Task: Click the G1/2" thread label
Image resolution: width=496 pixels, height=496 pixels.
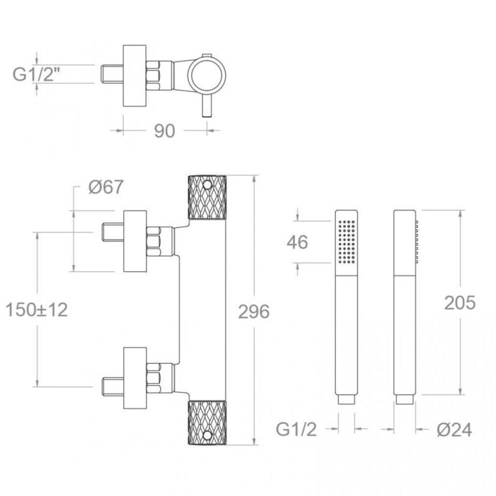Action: point(36,74)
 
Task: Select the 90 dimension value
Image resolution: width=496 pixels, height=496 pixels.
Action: point(165,131)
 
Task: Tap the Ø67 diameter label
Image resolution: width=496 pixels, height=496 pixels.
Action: point(106,187)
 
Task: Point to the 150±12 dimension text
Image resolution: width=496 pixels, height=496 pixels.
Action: point(37,310)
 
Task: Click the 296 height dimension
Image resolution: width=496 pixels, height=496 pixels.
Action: point(254,312)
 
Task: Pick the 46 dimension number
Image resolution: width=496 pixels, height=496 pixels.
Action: point(298,243)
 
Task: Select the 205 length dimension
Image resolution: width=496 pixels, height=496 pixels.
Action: point(460,303)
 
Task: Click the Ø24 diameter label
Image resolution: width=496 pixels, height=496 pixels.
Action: point(454,430)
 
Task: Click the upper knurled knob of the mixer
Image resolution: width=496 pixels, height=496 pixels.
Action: point(207,197)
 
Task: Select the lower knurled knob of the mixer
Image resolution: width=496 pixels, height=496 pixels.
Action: point(207,422)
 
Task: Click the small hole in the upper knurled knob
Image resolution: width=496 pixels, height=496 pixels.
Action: point(207,184)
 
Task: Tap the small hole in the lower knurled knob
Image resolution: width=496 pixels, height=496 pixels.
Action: point(207,436)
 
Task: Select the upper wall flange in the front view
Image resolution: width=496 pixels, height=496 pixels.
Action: point(135,241)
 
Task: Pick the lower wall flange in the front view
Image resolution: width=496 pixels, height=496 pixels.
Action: point(135,378)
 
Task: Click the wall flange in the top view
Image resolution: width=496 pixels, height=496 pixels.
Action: point(134,75)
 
